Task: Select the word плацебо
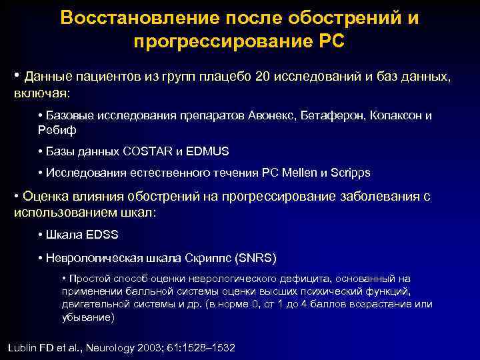(x=225, y=76)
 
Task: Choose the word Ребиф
(x=58, y=130)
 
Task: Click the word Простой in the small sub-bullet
(x=87, y=278)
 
